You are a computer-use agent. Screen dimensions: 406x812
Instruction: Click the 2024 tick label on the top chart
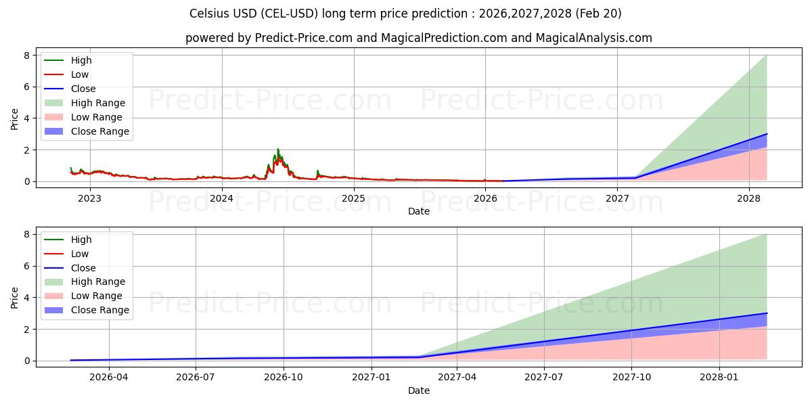221,198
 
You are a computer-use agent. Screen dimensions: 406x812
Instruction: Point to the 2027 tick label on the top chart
617,198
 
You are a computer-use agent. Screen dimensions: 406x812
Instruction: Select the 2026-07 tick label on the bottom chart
196,378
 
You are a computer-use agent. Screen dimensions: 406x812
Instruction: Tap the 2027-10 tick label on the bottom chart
632,378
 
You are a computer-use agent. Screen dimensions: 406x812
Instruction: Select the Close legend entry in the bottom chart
83,268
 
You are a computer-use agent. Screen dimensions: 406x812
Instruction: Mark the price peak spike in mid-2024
277,150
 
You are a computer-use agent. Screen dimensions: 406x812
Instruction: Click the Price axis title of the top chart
15,118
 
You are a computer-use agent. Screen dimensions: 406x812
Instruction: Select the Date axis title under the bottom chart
418,390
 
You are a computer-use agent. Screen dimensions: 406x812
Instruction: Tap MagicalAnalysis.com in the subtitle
593,38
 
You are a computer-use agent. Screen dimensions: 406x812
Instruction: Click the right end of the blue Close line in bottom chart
767,313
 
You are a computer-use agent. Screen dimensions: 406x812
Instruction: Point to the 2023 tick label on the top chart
89,198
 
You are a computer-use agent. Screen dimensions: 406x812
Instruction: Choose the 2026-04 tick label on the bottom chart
109,378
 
